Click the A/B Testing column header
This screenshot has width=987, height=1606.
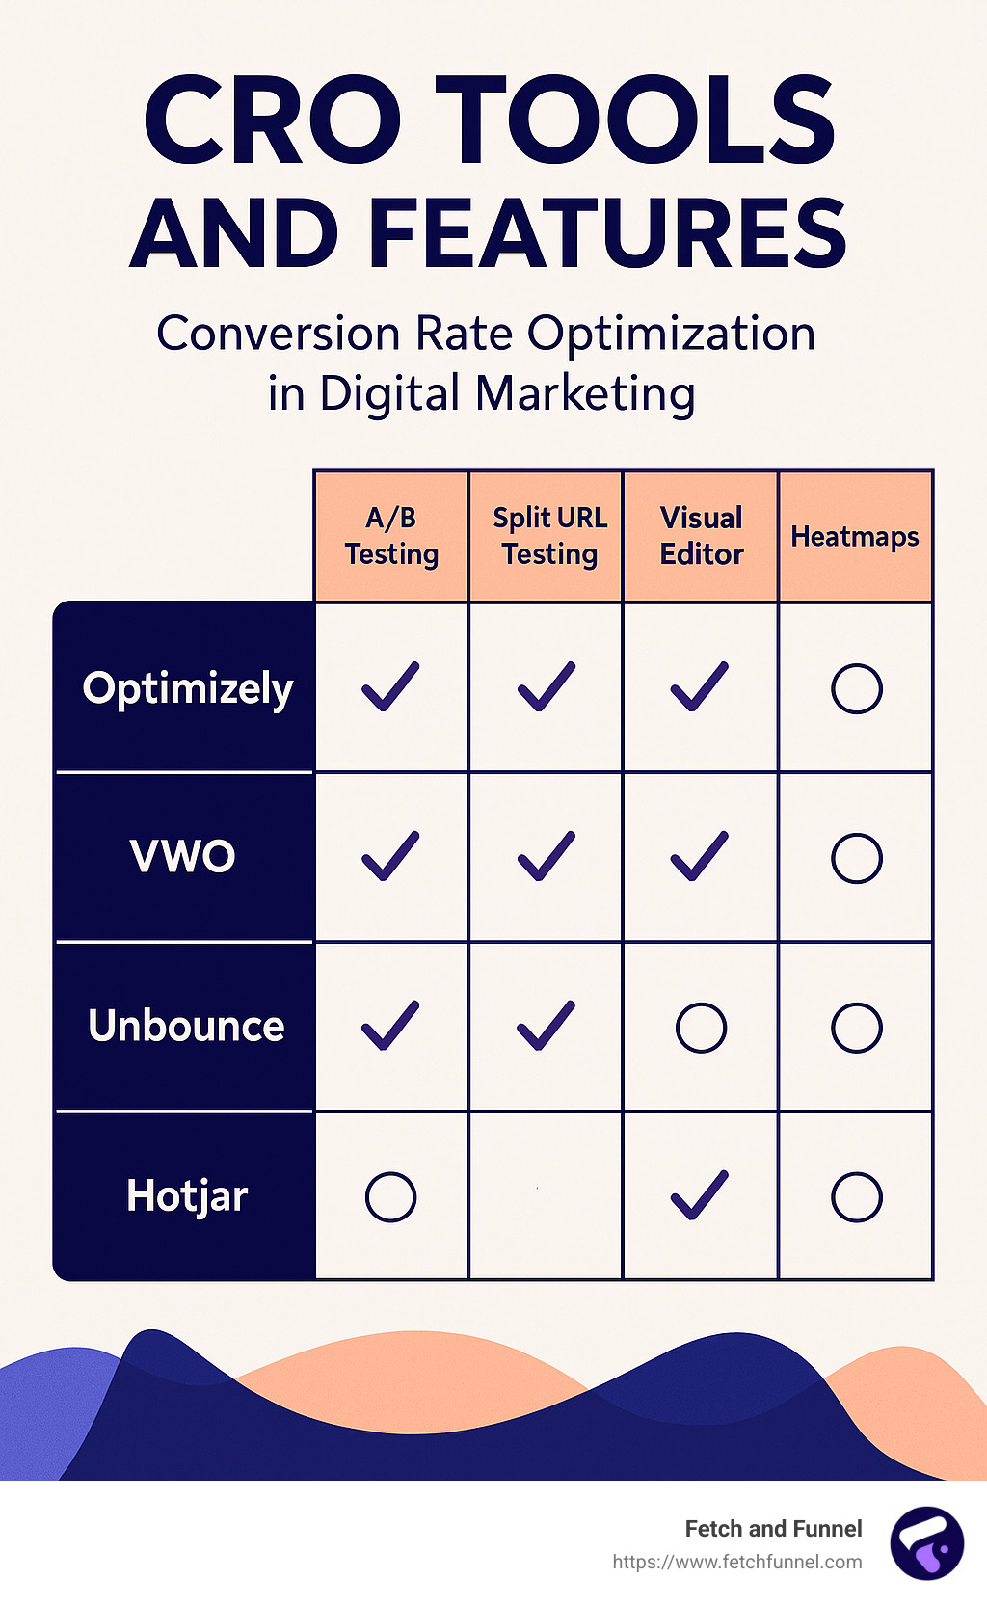coord(391,536)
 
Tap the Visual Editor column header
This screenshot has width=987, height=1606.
coord(701,536)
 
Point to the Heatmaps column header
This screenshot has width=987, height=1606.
coord(854,537)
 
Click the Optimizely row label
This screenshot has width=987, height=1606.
coord(188,689)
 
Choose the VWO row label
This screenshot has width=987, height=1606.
coord(183,856)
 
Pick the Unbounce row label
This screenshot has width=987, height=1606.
coord(186,1026)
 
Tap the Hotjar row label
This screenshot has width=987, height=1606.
coord(187,1196)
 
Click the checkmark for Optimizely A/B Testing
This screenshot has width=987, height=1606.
coord(390,687)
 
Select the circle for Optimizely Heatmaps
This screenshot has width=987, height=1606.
coord(857,666)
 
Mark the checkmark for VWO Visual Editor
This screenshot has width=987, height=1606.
coord(699,856)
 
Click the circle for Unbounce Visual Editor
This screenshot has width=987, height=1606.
coord(701,1004)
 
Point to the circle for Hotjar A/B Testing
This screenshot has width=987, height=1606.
coord(390,1174)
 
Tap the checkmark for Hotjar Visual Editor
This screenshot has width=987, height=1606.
coord(699,1196)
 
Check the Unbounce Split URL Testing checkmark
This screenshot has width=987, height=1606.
coord(546,1026)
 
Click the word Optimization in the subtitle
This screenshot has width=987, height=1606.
coord(672,335)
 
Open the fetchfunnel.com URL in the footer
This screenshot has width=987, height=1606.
coord(736,1562)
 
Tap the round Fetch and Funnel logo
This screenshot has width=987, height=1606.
coord(927,1543)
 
